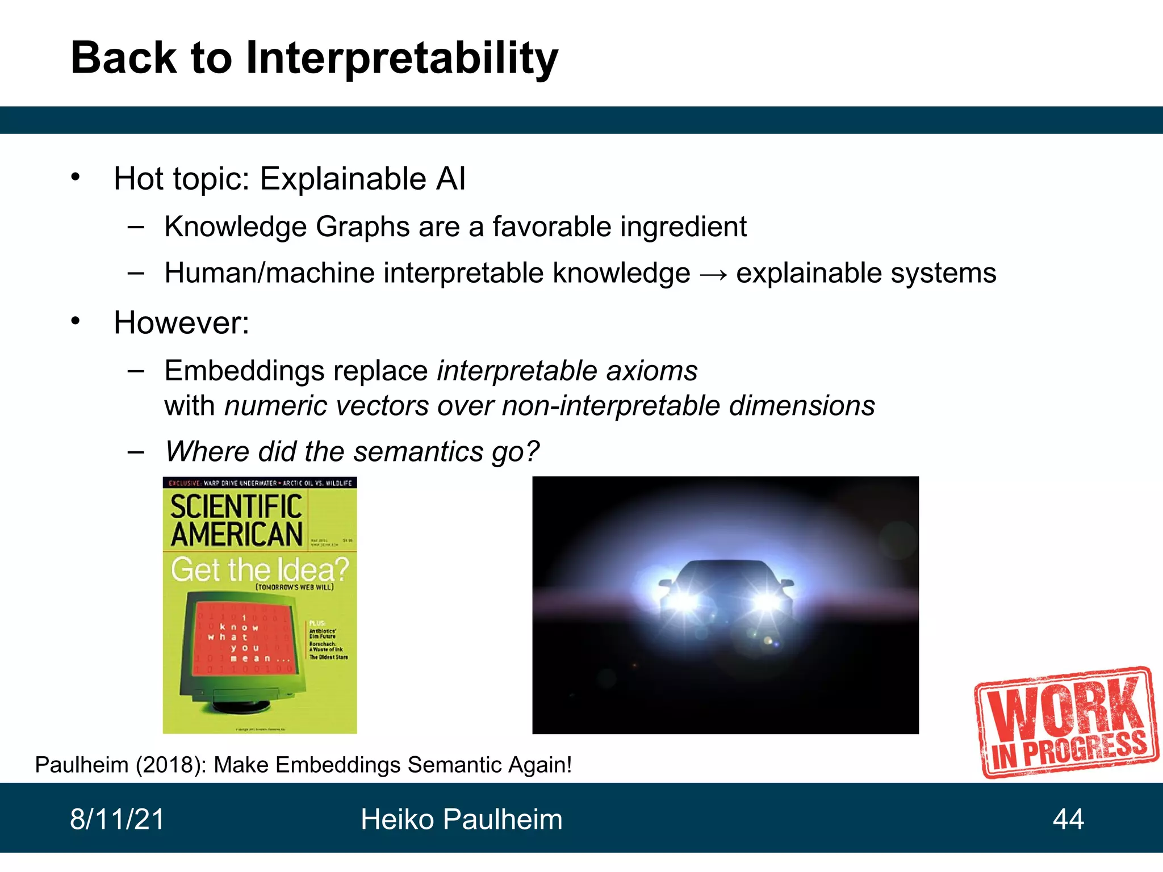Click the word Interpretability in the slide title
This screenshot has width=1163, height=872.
[401, 58]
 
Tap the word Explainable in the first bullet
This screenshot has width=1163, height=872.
[342, 179]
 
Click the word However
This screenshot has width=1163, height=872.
[181, 322]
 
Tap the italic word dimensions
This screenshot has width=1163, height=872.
[801, 406]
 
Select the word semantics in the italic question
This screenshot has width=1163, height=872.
[418, 452]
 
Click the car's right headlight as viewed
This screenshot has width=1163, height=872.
[766, 601]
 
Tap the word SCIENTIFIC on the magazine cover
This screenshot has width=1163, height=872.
[236, 506]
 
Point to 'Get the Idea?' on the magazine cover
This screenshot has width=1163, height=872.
[260, 569]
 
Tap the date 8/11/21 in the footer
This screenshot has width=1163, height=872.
[117, 820]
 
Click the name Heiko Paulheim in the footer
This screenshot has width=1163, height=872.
[461, 820]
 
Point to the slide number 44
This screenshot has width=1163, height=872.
[1068, 820]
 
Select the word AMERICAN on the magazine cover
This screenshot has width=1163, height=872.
[237, 535]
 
